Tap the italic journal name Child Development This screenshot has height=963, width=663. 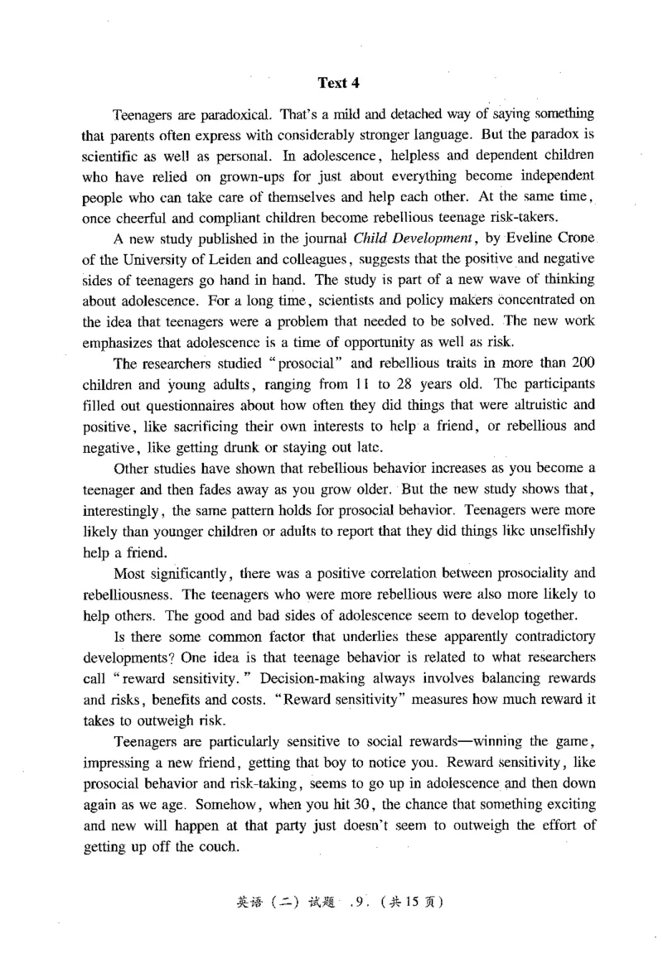(x=401, y=242)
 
